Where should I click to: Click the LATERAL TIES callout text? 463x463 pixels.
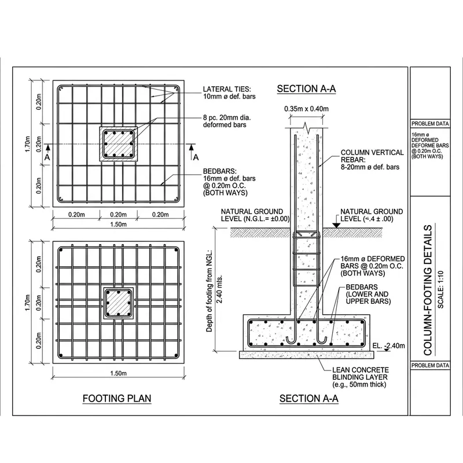point(227,93)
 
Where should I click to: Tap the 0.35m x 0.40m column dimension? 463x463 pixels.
point(306,108)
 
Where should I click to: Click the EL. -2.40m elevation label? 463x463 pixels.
point(389,346)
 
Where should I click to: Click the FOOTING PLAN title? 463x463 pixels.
point(116,399)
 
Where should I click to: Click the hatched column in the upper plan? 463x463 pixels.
point(119,144)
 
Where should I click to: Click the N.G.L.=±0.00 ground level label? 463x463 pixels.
point(252,215)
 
